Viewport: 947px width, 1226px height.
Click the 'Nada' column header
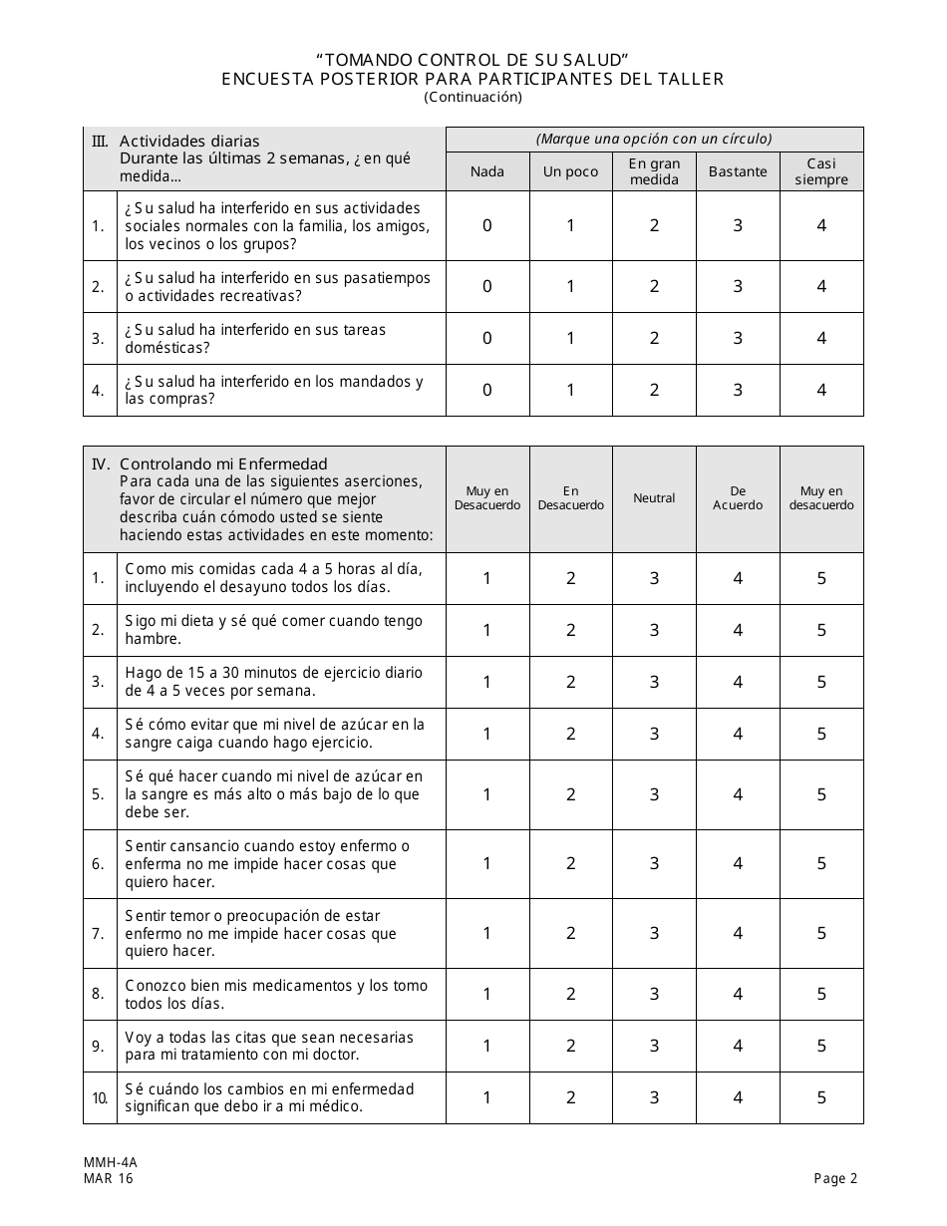tap(487, 171)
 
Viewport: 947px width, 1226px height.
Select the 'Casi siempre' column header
tap(821, 171)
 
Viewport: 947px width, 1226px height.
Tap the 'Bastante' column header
tap(738, 171)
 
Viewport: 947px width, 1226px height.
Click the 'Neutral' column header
tap(654, 498)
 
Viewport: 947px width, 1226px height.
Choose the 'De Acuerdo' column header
tap(738, 498)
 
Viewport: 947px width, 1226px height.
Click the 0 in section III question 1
tap(487, 226)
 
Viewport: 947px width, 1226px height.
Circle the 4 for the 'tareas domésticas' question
tap(821, 339)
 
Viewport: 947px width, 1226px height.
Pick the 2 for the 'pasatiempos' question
tap(654, 287)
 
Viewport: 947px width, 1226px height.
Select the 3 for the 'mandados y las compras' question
tap(738, 391)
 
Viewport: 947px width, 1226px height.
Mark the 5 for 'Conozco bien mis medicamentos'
tap(821, 995)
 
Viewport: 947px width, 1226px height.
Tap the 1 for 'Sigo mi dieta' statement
tap(487, 630)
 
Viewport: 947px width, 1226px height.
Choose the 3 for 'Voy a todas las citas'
tap(654, 1047)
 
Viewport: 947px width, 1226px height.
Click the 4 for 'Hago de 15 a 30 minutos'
tap(738, 682)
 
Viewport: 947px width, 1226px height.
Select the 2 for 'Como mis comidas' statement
tap(571, 578)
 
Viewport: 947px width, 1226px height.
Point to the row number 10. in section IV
tap(99, 1098)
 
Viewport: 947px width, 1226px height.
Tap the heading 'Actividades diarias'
tap(189, 141)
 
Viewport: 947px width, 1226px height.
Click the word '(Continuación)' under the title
tap(473, 97)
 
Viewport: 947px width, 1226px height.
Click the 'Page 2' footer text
tap(835, 1179)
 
